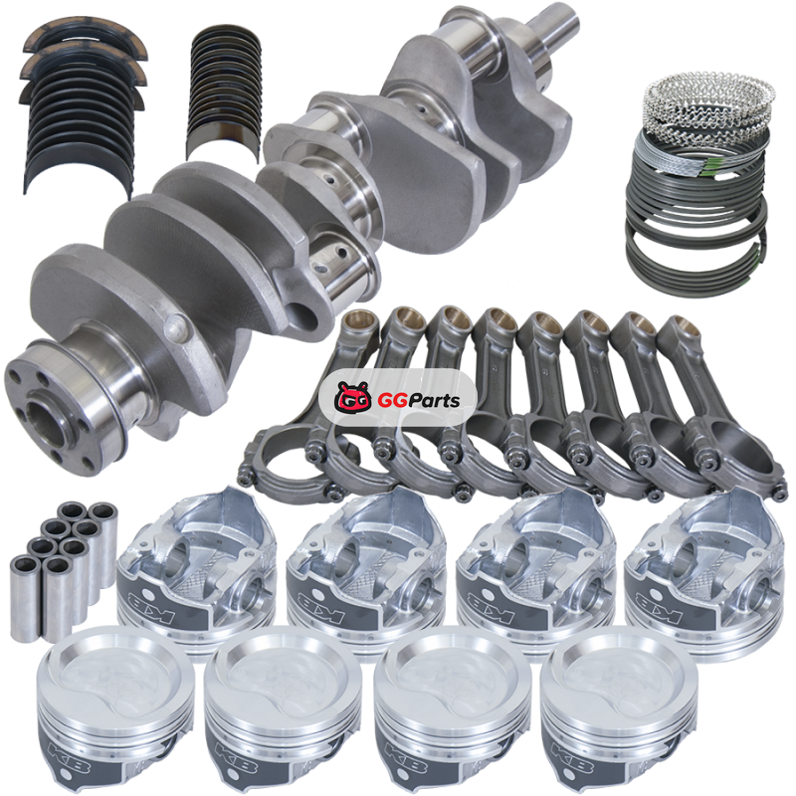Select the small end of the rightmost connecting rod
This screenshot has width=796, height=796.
pos(681,329)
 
